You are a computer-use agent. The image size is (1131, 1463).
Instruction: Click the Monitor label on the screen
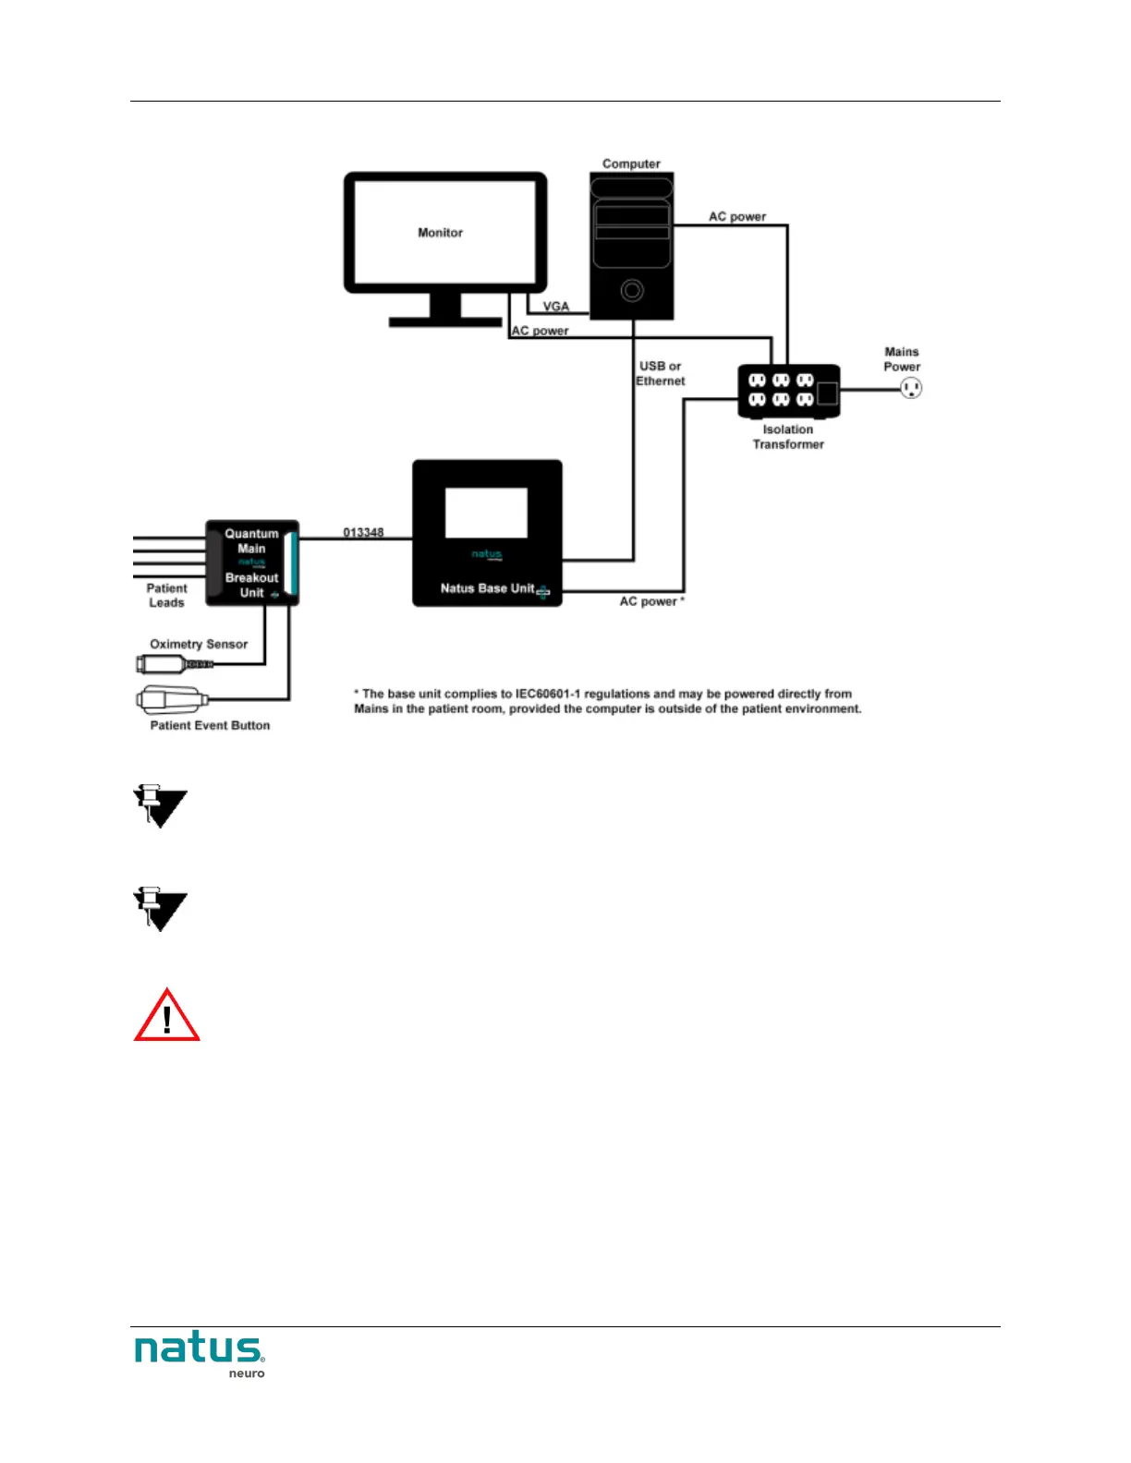coord(440,233)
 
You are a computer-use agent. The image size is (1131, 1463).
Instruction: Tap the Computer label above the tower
coord(631,163)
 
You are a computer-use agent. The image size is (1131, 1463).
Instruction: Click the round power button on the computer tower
coord(632,291)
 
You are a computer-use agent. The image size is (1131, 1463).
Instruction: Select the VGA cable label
coord(556,307)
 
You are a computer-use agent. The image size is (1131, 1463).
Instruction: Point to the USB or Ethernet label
coord(661,373)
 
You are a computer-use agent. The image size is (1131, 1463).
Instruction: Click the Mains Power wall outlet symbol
coord(911,389)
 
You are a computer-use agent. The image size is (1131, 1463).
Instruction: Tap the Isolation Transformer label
coord(788,437)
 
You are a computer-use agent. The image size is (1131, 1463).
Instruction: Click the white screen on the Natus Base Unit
coord(486,513)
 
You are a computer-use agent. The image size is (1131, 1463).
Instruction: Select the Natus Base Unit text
coord(487,588)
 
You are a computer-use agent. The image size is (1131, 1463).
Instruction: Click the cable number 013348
coord(363,532)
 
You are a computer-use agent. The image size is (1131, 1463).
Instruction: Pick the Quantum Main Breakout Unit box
coord(251,562)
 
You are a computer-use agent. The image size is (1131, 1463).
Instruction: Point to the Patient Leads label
coord(166,595)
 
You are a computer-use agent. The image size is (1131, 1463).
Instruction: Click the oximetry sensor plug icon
coord(174,664)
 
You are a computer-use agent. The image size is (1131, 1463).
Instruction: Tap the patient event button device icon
coord(171,699)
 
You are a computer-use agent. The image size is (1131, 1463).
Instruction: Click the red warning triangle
coord(166,1017)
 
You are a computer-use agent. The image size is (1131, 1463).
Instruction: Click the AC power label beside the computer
coord(737,216)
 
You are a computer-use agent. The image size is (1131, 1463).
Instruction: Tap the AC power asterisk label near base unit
coord(651,601)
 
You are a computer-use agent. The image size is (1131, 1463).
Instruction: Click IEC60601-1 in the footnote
coord(548,694)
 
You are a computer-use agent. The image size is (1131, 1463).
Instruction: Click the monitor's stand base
coord(445,322)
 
